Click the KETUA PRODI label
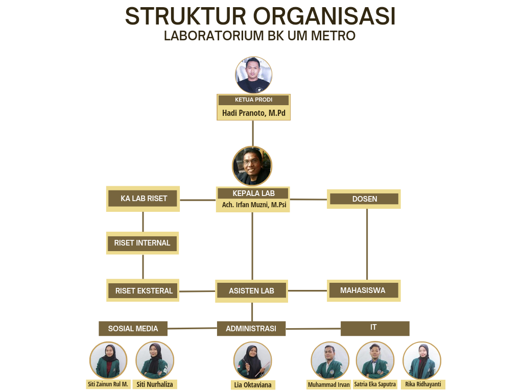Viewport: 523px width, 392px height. click(253, 100)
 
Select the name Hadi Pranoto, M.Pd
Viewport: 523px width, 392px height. click(254, 113)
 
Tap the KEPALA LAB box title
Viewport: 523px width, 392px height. click(253, 193)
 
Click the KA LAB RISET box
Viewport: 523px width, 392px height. click(143, 199)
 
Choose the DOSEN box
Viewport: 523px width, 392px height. click(364, 199)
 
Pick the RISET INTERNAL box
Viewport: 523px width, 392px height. click(142, 243)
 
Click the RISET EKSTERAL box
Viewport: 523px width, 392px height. click(143, 290)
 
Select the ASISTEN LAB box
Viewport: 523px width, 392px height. click(251, 291)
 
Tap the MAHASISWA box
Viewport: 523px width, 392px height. click(364, 290)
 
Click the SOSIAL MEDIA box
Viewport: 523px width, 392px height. click(133, 329)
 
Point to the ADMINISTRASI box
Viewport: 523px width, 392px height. click(251, 329)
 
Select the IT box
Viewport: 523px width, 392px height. click(375, 328)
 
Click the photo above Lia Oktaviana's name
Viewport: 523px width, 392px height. click(253, 361)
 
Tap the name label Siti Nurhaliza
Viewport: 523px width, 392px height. click(155, 384)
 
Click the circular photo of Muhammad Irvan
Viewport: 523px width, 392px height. click(330, 361)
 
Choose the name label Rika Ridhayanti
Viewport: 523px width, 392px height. click(423, 384)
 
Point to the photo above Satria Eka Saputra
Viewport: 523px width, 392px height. click(375, 361)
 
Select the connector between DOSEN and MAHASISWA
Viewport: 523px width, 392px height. click(367, 244)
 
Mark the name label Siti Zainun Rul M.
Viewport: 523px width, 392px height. click(108, 384)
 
